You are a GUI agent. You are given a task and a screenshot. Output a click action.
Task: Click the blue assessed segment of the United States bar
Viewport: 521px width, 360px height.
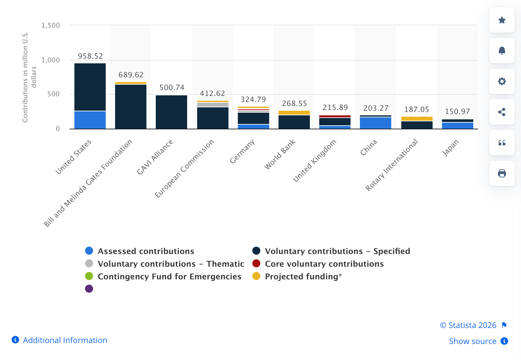(x=90, y=120)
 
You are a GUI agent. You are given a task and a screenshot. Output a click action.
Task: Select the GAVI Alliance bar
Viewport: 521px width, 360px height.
(x=171, y=112)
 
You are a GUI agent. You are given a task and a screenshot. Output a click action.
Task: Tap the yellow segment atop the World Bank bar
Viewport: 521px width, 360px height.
(x=294, y=113)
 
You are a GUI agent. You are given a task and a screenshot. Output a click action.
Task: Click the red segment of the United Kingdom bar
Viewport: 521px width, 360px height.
(x=335, y=116)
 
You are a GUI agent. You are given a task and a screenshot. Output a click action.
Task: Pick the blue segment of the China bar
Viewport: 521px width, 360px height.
(x=376, y=123)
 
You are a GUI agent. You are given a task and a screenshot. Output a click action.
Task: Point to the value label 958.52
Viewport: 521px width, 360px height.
(x=90, y=56)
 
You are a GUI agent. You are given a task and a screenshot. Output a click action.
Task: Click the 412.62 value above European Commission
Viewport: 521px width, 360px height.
(x=212, y=93)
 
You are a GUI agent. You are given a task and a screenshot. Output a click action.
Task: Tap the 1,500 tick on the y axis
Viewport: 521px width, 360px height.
(x=51, y=25)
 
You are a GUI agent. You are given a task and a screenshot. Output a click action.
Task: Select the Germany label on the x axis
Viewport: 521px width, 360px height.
(x=242, y=152)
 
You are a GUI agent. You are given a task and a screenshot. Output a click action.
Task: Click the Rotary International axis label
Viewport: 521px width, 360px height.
(x=392, y=165)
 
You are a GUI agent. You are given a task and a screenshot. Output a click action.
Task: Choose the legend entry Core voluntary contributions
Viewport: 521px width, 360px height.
(x=324, y=264)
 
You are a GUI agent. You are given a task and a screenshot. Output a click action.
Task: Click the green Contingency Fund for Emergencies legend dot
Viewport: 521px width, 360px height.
(x=89, y=276)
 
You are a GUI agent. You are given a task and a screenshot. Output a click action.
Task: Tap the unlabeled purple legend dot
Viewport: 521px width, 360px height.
(x=89, y=289)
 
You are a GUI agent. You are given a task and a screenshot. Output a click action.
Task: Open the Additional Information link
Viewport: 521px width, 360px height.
(x=65, y=340)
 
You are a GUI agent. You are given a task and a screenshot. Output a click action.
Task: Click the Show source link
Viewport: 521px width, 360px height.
(x=473, y=341)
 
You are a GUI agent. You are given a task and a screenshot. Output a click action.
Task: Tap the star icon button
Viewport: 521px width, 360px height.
(x=502, y=20)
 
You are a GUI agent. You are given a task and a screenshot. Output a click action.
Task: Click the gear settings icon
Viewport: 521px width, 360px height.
(x=502, y=81)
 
